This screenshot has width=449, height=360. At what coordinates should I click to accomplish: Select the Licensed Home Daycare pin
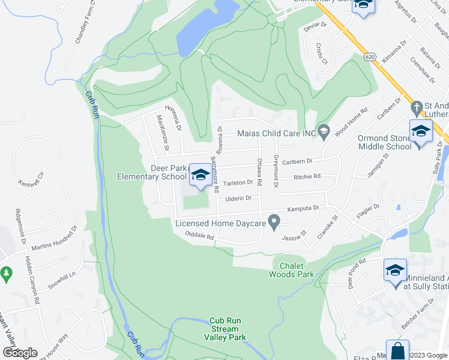[274, 223]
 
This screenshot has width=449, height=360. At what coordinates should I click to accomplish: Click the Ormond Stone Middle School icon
[421, 131]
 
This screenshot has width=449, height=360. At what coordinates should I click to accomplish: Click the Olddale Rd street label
[200, 236]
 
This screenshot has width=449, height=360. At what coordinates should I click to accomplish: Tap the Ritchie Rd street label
[307, 177]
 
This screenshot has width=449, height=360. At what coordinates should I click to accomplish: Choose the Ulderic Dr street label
[238, 198]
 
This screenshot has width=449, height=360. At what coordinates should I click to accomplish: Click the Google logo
[19, 352]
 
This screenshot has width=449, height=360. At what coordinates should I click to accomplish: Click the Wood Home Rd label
[351, 121]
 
